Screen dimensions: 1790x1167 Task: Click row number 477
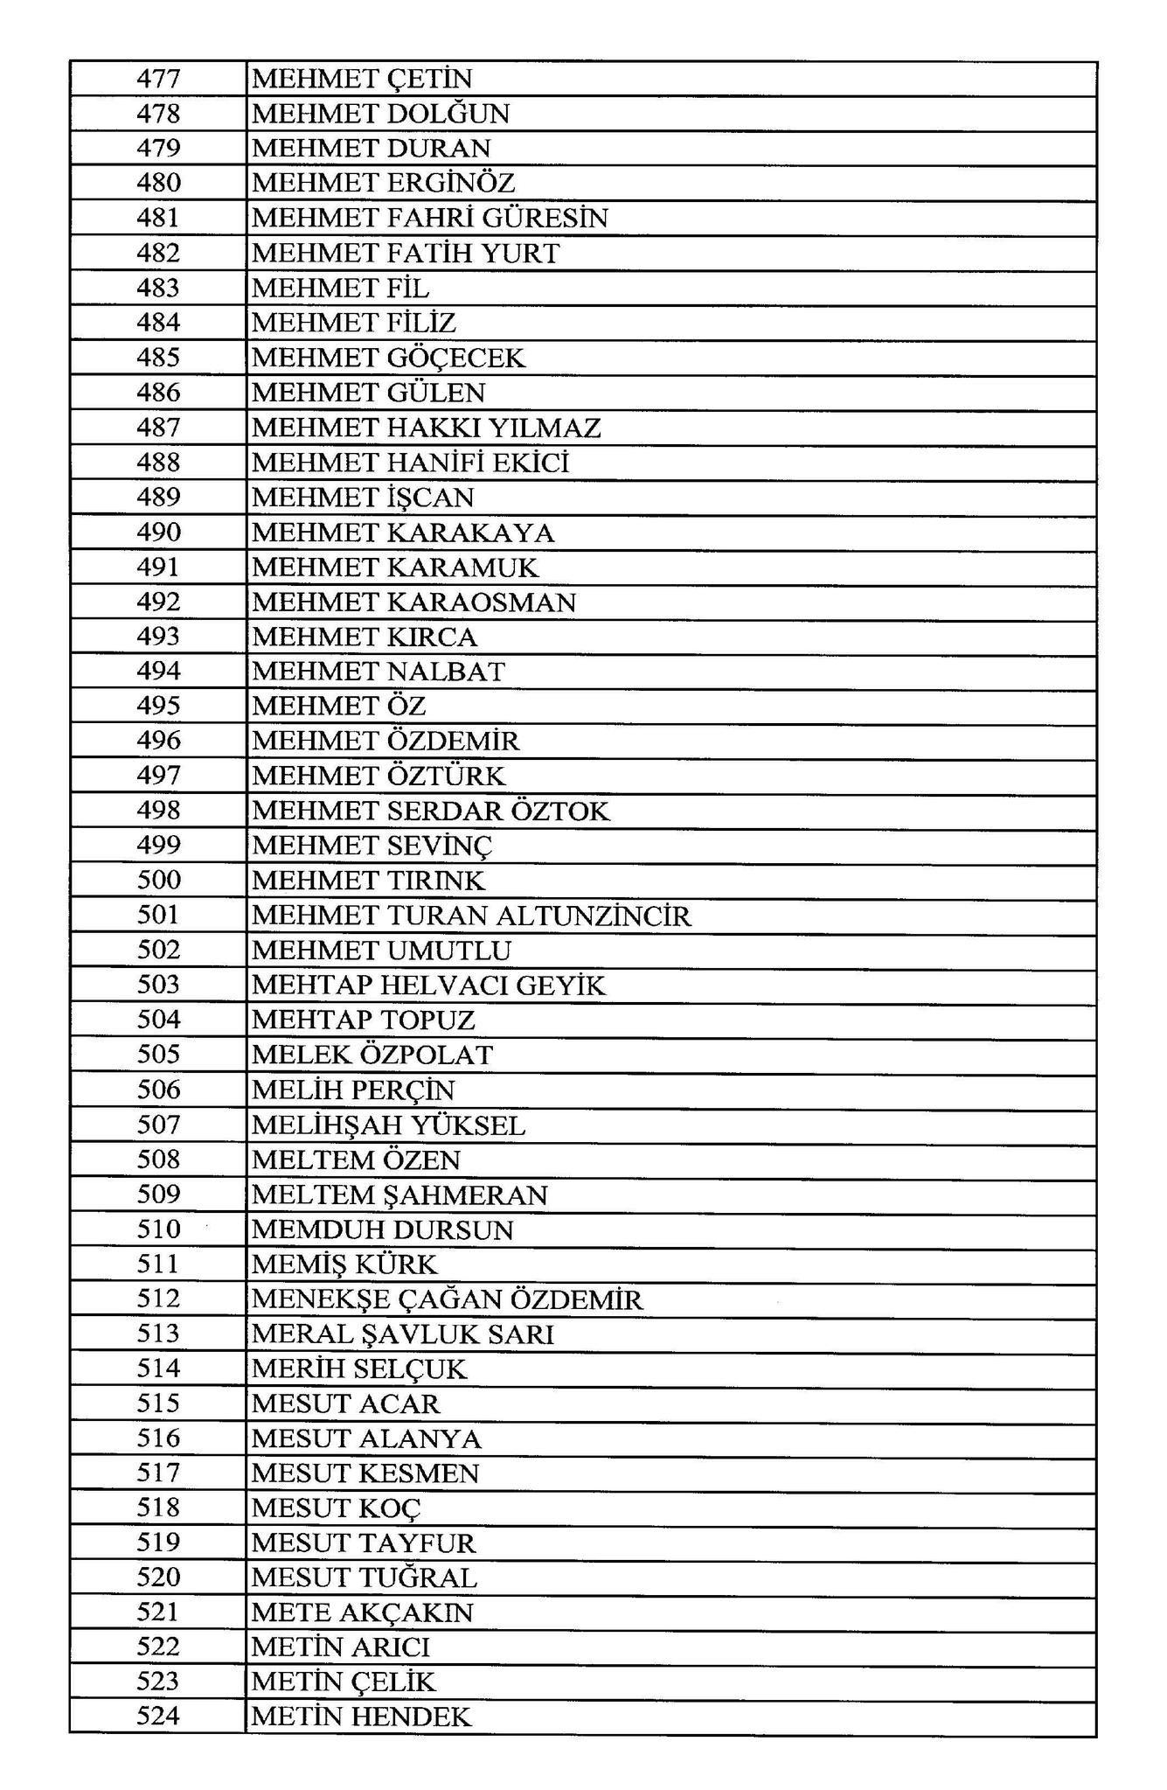158,79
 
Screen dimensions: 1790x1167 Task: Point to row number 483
158,288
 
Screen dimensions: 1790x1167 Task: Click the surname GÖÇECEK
455,358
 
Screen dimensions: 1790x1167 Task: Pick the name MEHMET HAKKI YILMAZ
427,428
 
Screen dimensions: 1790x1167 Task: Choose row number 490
158,532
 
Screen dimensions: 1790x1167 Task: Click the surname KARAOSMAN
481,602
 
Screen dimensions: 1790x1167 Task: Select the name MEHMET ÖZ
339,706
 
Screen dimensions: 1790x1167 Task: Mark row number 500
158,880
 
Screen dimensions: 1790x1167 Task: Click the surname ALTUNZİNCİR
594,916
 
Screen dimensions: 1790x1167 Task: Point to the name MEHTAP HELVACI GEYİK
428,986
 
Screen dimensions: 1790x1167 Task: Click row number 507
158,1125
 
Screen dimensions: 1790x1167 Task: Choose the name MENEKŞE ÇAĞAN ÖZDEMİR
447,1299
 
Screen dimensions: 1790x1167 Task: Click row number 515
158,1403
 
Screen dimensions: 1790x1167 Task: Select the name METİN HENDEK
361,1717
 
